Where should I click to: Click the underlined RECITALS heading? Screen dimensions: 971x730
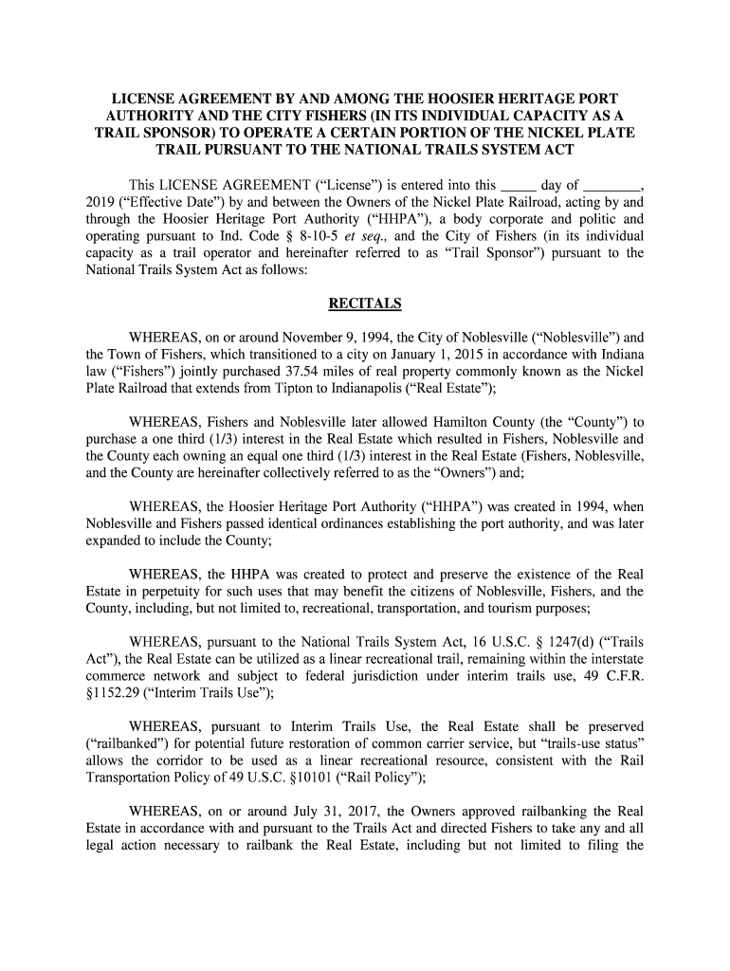point(365,303)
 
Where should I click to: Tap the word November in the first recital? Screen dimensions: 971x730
point(320,337)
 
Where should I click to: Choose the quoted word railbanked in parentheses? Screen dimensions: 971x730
point(127,742)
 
